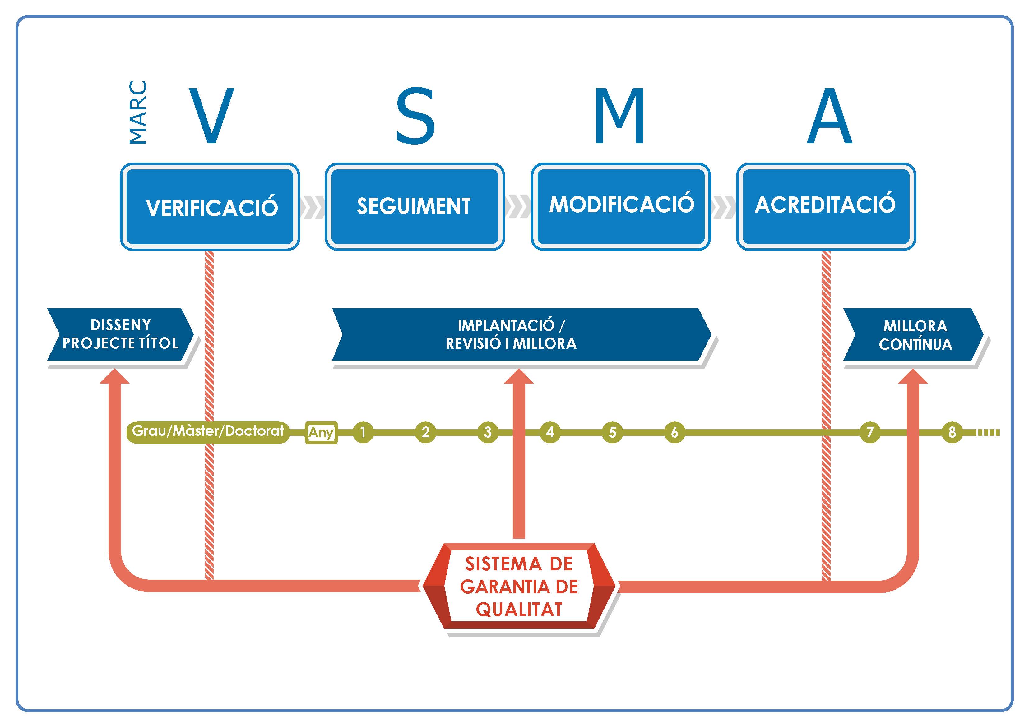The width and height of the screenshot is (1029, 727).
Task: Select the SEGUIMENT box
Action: (415, 206)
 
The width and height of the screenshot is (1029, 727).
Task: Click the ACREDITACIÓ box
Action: (826, 205)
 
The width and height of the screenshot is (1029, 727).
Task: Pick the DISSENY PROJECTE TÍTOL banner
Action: (120, 334)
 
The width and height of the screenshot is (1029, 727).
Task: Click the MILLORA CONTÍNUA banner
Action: (914, 335)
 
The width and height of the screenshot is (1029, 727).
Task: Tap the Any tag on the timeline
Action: (321, 433)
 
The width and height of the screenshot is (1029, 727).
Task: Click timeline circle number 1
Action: (363, 432)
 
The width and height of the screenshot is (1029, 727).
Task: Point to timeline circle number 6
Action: (674, 432)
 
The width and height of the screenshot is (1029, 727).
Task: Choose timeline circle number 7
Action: (870, 432)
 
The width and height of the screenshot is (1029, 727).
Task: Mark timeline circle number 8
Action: (952, 432)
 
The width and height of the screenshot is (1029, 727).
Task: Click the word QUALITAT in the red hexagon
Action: (519, 609)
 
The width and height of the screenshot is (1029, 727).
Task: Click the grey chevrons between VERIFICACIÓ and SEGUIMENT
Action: (313, 207)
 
